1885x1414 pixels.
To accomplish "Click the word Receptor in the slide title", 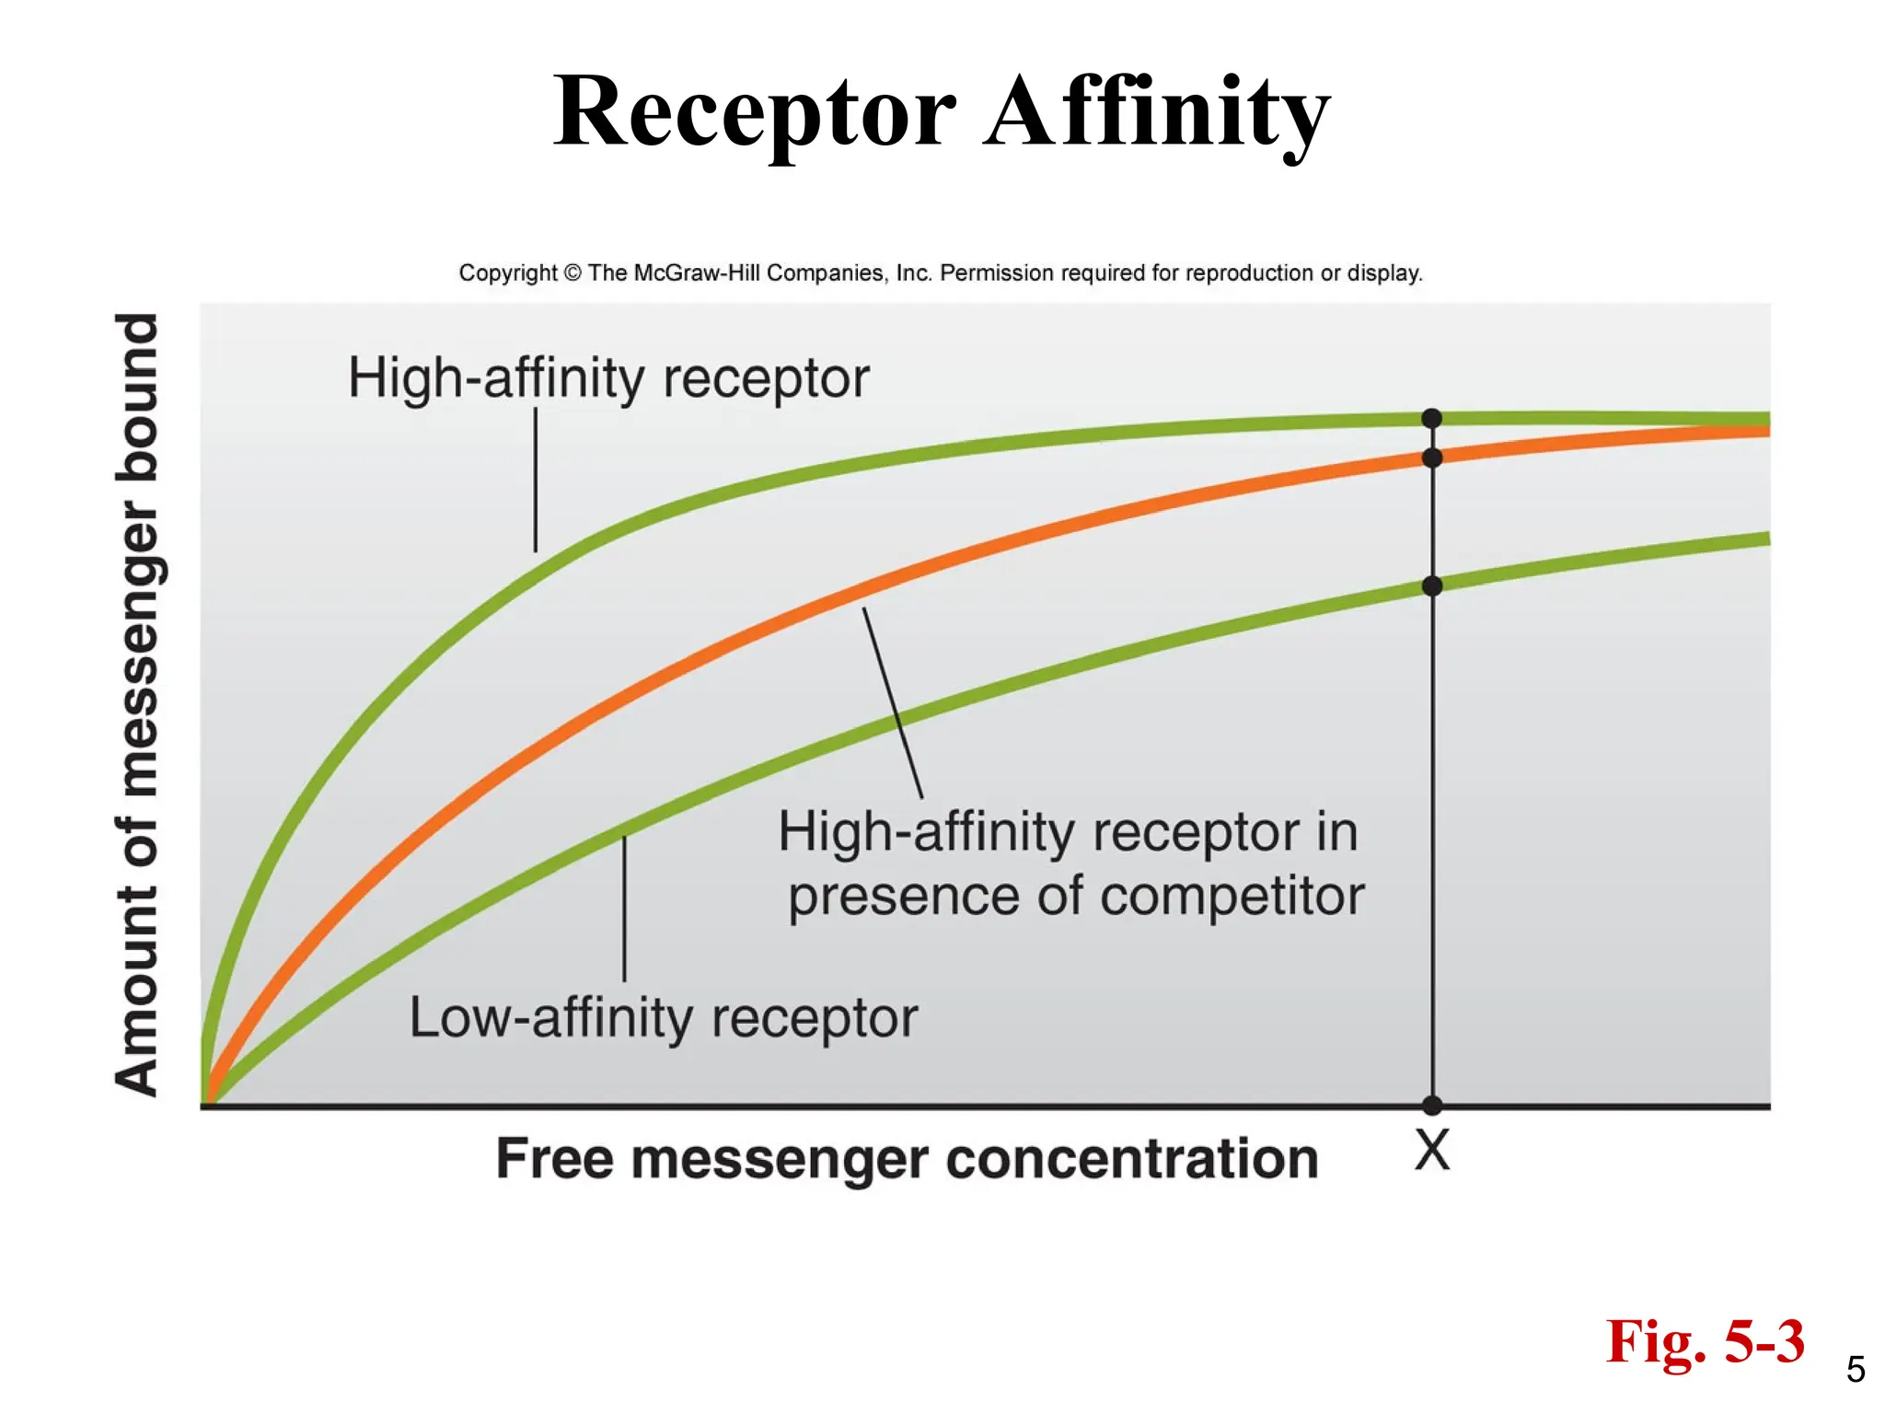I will pos(755,112).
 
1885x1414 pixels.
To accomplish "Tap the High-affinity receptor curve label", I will pos(607,377).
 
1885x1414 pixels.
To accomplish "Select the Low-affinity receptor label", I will pos(663,1018).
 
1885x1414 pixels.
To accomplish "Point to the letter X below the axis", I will pos(1432,1151).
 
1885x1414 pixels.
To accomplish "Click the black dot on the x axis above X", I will pos(1432,1105).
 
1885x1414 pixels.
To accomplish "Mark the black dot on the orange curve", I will pos(1432,458).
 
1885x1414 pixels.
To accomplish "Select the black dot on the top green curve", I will pos(1432,419).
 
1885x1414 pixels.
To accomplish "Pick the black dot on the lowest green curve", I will pos(1432,585).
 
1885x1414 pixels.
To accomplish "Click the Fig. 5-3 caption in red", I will pos(1705,1342).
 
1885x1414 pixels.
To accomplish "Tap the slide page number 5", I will pos(1856,1371).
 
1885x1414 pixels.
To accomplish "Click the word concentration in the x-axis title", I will pos(1132,1158).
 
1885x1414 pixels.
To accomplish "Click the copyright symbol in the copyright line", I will pos(572,273).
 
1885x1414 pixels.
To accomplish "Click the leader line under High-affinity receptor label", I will pos(536,480).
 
